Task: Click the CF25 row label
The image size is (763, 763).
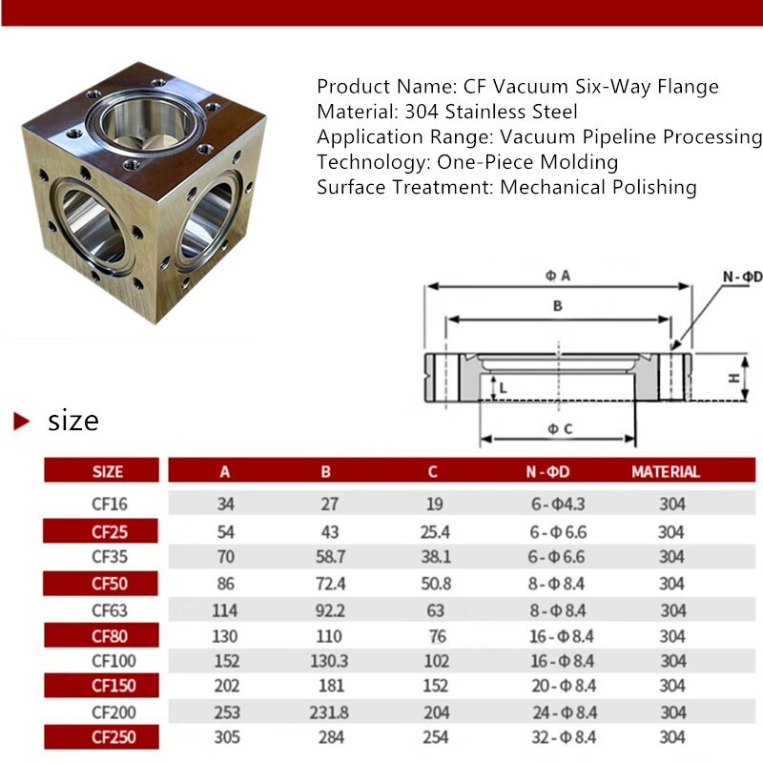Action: [x=109, y=531]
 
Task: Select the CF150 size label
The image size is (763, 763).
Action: [x=109, y=686]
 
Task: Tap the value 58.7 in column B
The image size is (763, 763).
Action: [x=325, y=557]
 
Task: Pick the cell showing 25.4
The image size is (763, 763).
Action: [x=432, y=531]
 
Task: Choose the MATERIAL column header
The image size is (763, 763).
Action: [x=665, y=471]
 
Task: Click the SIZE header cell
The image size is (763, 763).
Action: [x=108, y=471]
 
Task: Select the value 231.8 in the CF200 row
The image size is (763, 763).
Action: [x=325, y=711]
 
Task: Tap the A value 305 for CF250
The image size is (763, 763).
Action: [x=225, y=737]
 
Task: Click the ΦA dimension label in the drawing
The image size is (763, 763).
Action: [x=558, y=276]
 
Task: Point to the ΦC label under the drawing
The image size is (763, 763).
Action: [x=559, y=429]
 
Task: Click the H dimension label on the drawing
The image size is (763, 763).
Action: [x=733, y=378]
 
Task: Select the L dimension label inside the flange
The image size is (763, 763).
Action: [x=503, y=387]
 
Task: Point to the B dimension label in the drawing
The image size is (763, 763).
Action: [x=557, y=306]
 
